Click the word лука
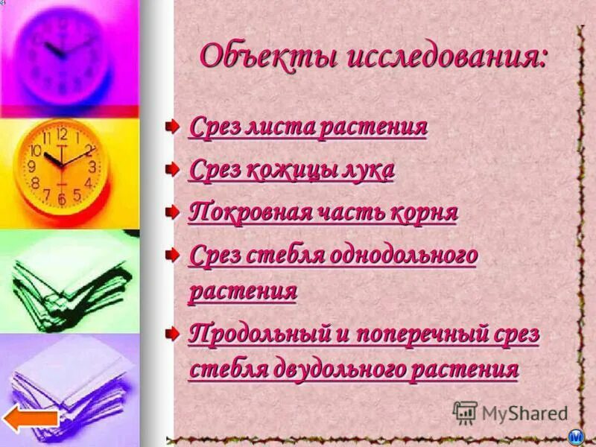[x=366, y=171]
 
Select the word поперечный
[x=420, y=334]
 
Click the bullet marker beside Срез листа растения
[x=172, y=125]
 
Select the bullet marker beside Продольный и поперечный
[x=172, y=332]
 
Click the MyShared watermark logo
[x=510, y=413]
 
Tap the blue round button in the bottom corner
[x=576, y=437]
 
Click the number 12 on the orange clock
[x=61, y=135]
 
